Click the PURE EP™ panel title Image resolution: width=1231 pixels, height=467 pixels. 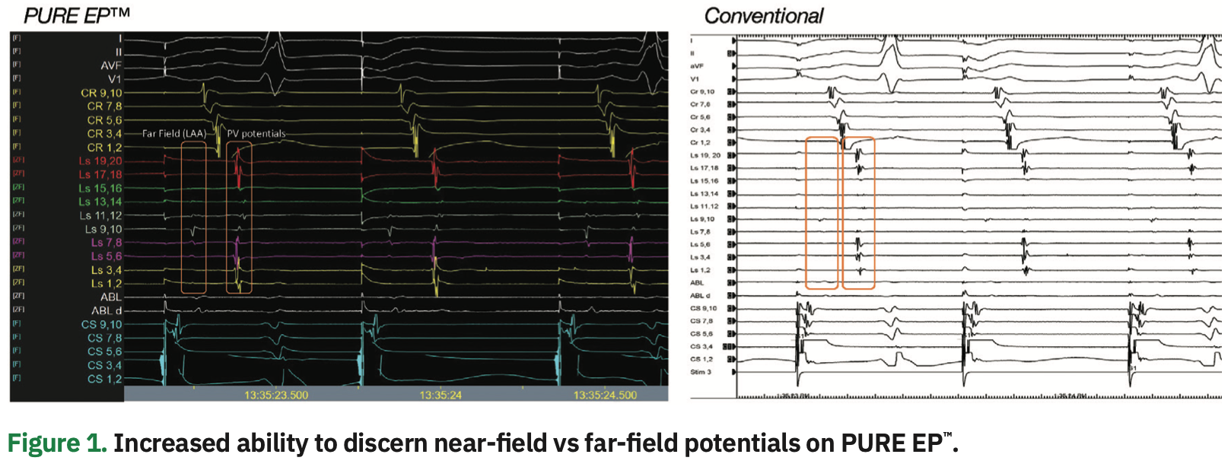(x=77, y=15)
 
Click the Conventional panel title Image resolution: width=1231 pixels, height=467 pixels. (x=763, y=16)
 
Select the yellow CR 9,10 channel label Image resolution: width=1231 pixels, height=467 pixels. (x=101, y=93)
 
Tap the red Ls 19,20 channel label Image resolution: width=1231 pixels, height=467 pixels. (x=100, y=161)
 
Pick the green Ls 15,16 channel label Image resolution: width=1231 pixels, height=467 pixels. (x=100, y=189)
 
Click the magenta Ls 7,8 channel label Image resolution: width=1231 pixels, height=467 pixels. (x=106, y=243)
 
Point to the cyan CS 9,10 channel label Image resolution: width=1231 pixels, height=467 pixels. (x=101, y=325)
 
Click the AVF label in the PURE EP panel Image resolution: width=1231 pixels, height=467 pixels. (x=110, y=65)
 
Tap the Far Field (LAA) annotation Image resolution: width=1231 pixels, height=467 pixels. (x=173, y=134)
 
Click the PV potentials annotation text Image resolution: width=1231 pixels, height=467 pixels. (x=256, y=134)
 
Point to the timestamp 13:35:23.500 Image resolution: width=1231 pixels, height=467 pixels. (x=276, y=396)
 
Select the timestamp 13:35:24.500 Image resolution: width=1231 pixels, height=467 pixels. (x=605, y=396)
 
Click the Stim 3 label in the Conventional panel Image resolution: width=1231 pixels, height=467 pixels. (x=700, y=372)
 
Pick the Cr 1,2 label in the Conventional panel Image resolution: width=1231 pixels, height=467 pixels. (x=700, y=142)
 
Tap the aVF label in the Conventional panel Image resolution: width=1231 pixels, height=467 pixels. (x=696, y=66)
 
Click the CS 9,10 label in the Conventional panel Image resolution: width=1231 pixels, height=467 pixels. (x=703, y=308)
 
